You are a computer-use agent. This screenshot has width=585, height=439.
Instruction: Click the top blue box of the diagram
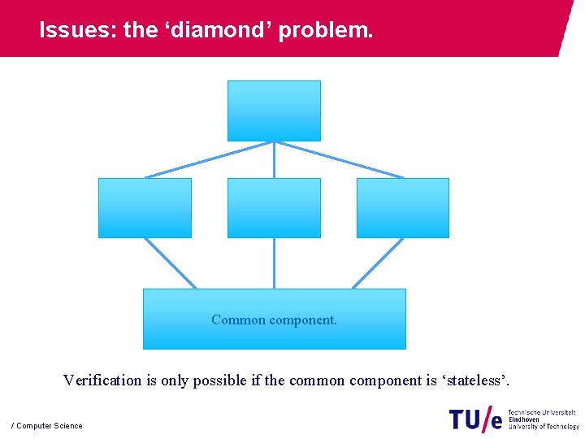coord(274,111)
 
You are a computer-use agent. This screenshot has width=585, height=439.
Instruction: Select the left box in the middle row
coord(145,208)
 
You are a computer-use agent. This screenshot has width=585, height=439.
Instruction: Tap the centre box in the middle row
coord(274,208)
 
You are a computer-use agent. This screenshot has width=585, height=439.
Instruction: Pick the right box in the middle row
coord(402,208)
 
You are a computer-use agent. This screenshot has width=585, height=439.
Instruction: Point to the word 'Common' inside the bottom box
coord(238,319)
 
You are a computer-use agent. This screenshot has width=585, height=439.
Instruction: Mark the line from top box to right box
coord(340,159)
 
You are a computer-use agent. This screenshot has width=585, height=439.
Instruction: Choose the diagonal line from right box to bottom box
coord(378,263)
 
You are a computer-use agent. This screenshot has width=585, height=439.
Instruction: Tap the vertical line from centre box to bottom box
coord(274,263)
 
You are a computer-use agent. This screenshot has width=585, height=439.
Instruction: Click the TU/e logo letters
coord(475,419)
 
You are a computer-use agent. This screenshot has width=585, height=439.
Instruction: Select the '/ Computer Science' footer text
coord(47,426)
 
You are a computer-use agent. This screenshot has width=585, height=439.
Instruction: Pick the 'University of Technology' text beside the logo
coord(544,426)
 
